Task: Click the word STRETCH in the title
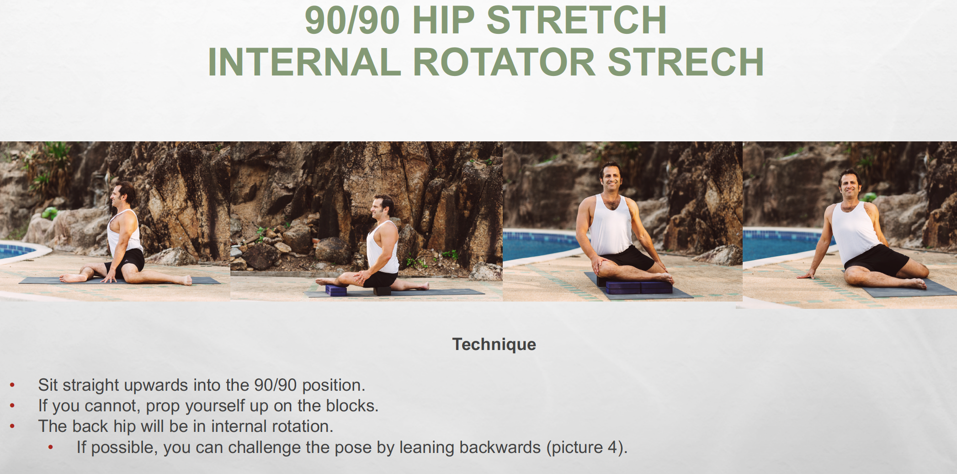[576, 20]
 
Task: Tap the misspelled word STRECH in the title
[686, 62]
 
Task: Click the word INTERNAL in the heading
[304, 62]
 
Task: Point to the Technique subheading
[494, 344]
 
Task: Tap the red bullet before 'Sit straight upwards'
[12, 385]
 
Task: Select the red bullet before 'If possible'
[51, 447]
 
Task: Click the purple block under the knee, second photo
[336, 290]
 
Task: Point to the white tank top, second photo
[383, 247]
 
